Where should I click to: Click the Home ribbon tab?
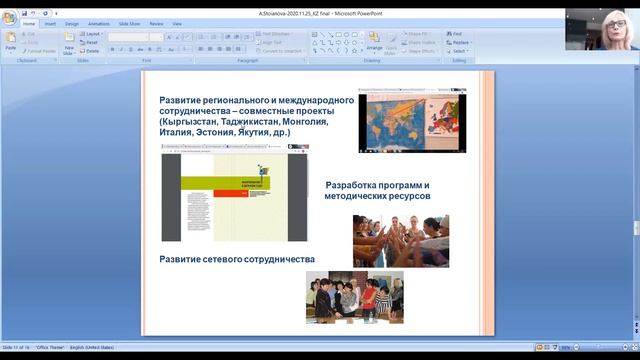(28, 23)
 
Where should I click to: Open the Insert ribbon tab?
(50, 23)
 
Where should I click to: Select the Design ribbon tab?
(72, 23)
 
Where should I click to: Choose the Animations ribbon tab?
(99, 23)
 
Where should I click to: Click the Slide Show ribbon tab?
(130, 23)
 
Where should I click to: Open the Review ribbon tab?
(157, 23)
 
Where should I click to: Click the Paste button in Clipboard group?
(10, 42)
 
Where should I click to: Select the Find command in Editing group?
(456, 34)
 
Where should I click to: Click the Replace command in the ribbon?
(459, 43)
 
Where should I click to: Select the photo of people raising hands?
(400, 240)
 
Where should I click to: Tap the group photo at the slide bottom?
(355, 297)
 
